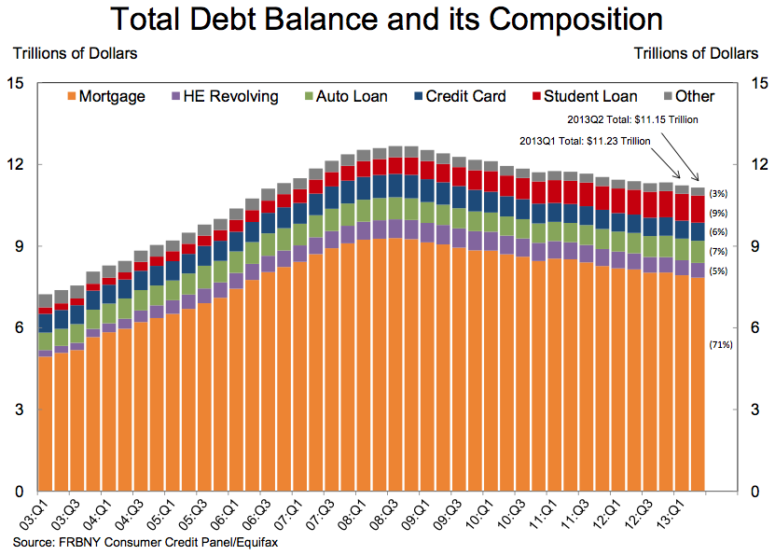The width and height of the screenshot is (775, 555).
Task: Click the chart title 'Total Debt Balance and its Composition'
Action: [386, 21]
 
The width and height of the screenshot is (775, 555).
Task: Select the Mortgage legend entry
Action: [105, 96]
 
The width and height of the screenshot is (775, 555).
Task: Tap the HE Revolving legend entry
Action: [224, 96]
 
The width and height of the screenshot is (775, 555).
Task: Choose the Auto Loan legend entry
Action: [350, 96]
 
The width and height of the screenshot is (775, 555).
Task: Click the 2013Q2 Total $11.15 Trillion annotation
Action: [633, 120]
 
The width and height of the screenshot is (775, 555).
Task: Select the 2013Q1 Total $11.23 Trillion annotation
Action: [585, 142]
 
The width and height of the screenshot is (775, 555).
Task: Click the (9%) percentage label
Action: [719, 213]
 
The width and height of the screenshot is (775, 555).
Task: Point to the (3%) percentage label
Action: [719, 194]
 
